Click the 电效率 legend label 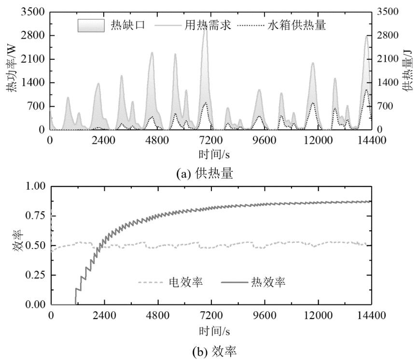[x=186, y=282]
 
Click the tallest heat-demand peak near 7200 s [x=205, y=30]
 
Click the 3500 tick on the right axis [x=385, y=12]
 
